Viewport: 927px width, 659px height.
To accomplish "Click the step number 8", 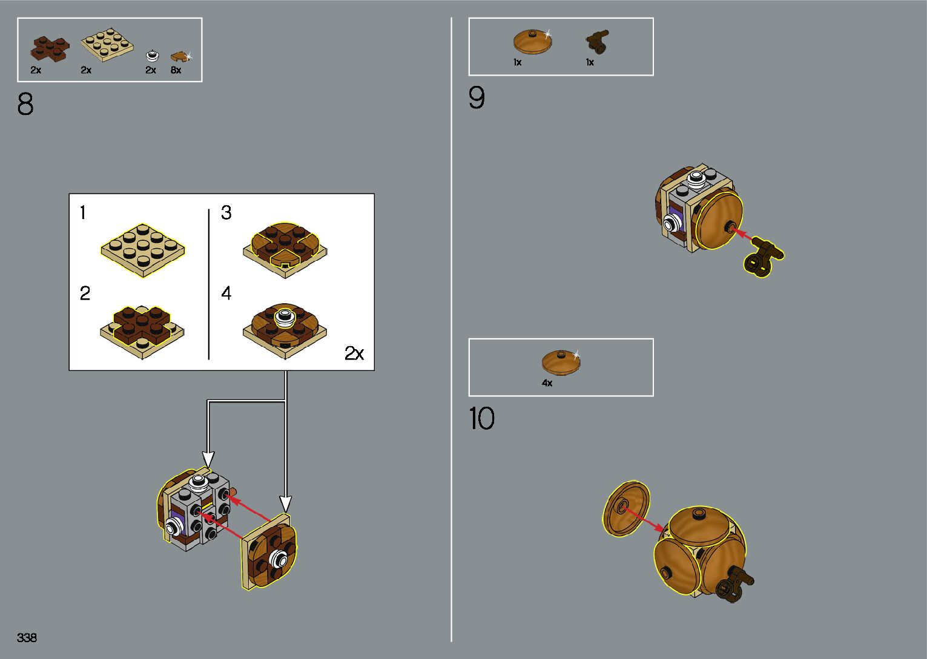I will (x=25, y=104).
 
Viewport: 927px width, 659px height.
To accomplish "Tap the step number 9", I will (x=477, y=97).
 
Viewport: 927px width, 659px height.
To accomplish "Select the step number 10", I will (x=481, y=418).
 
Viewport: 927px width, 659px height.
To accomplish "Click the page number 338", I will (x=27, y=637).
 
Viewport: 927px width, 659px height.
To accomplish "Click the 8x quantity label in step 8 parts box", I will (x=176, y=70).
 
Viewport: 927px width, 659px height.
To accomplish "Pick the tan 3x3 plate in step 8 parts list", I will (x=107, y=44).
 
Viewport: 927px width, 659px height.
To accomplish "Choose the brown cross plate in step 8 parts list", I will (x=51, y=48).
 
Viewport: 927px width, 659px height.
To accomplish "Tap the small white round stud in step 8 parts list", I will (x=151, y=56).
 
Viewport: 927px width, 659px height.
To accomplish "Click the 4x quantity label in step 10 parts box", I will (x=547, y=383).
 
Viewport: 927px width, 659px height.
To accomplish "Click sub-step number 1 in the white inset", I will (x=83, y=213).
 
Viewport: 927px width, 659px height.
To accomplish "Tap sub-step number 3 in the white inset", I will (x=226, y=213).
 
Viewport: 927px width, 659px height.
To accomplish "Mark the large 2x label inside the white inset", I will (x=354, y=353).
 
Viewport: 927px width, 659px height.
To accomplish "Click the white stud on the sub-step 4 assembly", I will (x=284, y=316).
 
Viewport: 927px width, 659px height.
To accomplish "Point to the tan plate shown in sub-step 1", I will (x=143, y=250).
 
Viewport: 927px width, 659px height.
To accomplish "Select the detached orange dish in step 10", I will (x=627, y=509).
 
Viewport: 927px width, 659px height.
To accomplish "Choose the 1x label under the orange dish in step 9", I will (x=517, y=62).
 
